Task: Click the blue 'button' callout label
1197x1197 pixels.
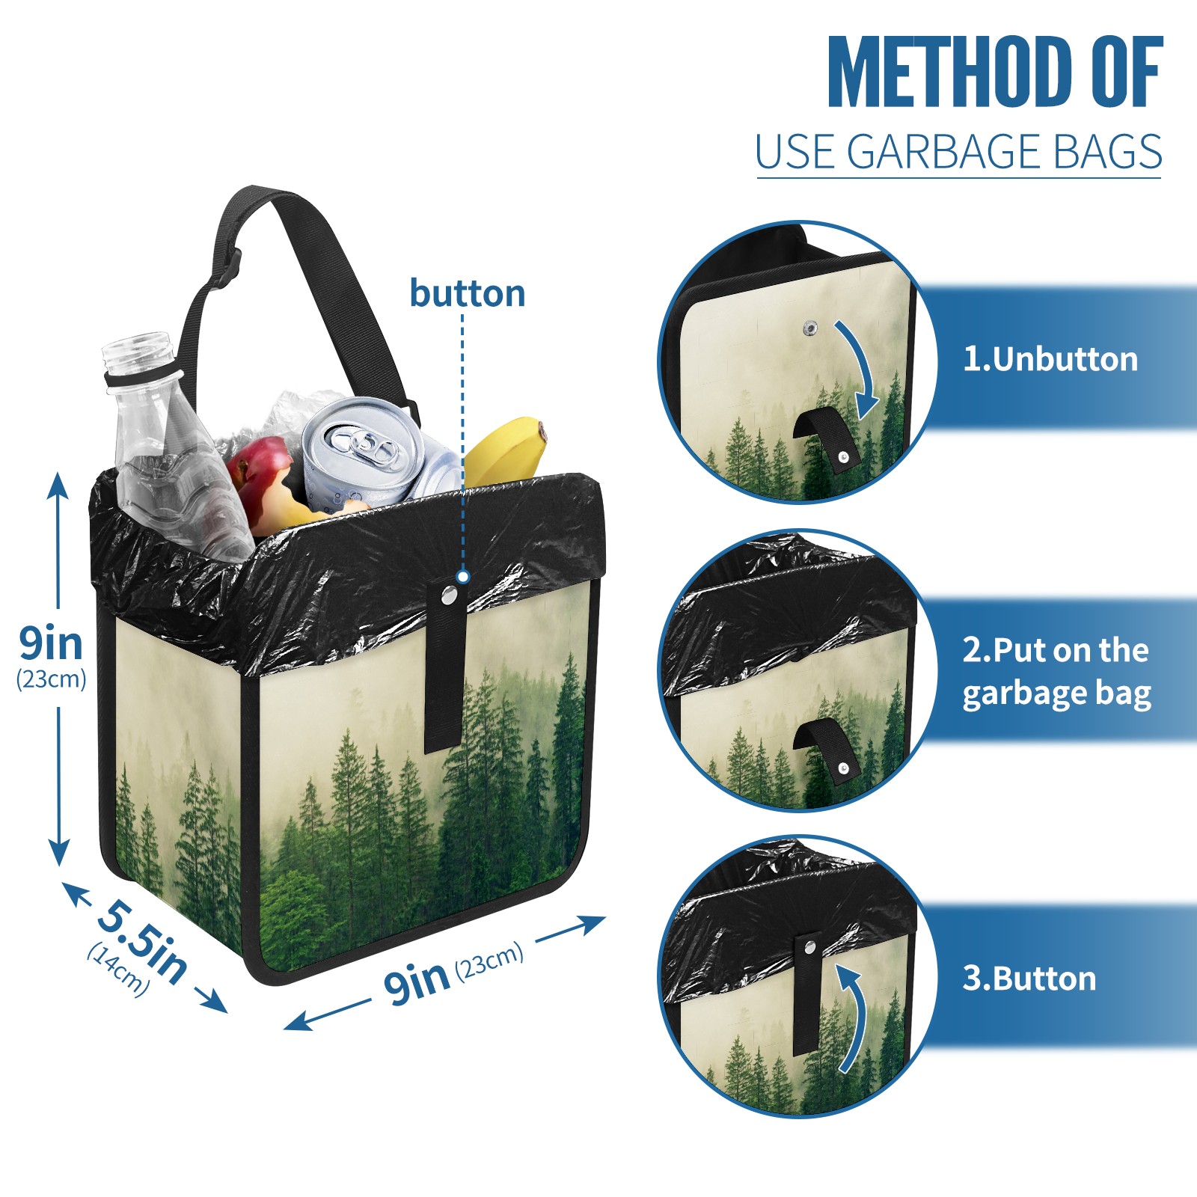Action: (x=468, y=293)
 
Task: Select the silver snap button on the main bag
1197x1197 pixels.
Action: (x=450, y=595)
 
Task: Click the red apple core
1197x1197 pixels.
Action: (x=262, y=479)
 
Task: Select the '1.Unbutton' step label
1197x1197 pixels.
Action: (x=1050, y=359)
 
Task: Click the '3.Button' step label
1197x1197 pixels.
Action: (x=1029, y=979)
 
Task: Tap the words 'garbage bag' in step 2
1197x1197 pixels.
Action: (x=1056, y=694)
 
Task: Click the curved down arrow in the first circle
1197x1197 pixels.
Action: (x=860, y=367)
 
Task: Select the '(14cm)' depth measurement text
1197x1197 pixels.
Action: (x=118, y=970)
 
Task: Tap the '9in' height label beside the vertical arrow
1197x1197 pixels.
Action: (x=51, y=643)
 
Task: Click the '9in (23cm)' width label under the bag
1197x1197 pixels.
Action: (x=453, y=973)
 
